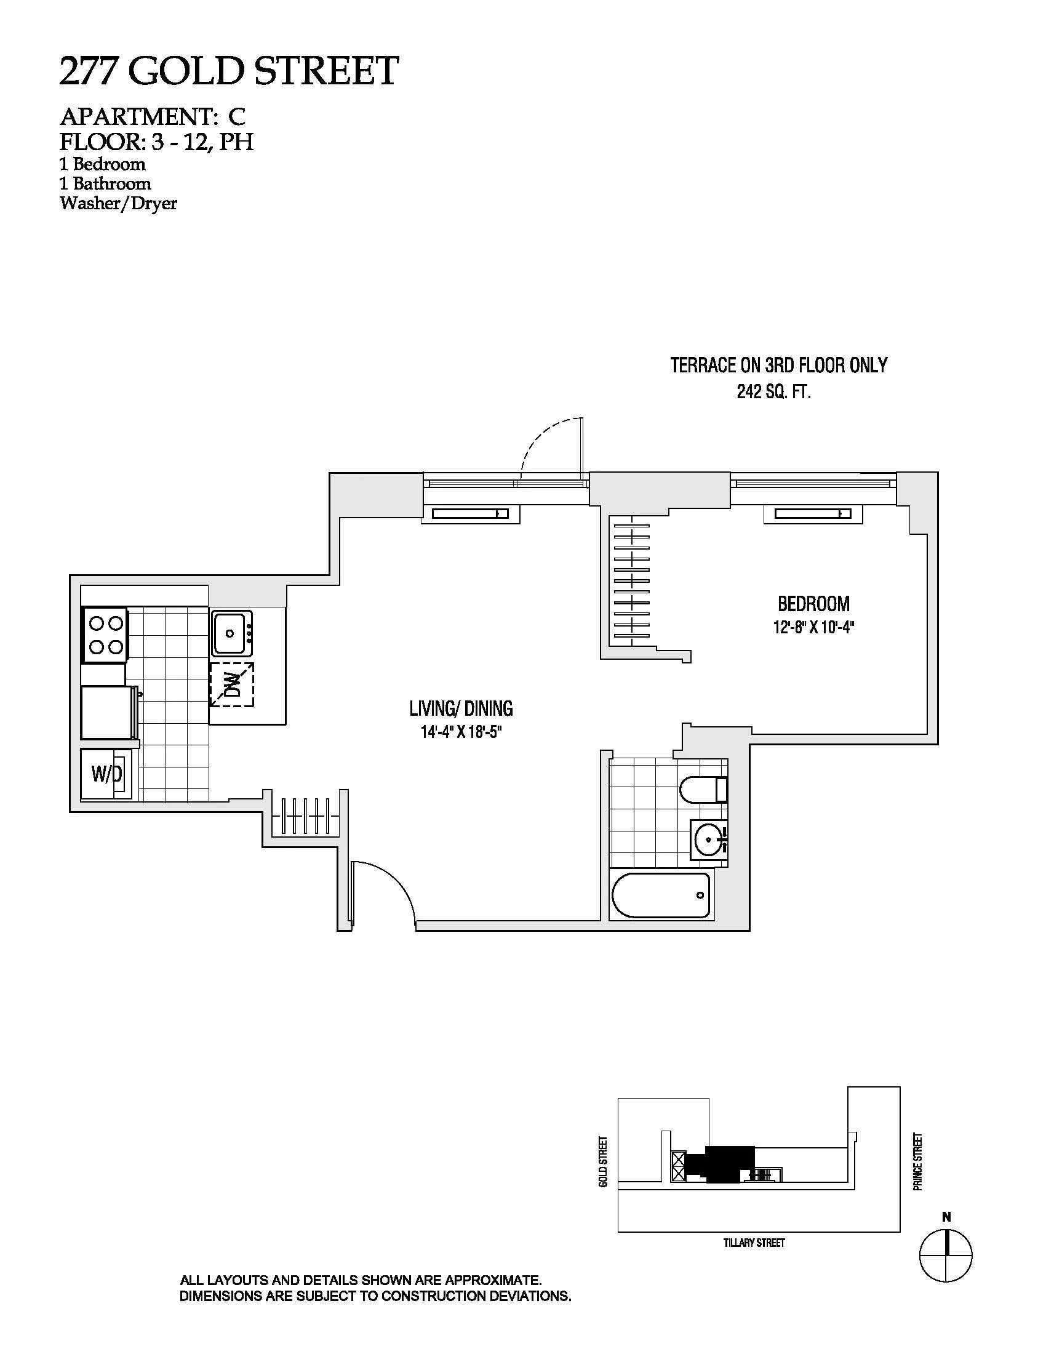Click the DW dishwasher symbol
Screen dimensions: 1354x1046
(x=231, y=684)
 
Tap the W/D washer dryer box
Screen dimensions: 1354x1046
(x=106, y=774)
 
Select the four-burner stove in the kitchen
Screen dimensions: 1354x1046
(x=105, y=635)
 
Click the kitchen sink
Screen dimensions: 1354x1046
(x=232, y=633)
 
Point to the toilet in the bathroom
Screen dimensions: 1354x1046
(x=702, y=790)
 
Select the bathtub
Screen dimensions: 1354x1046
(x=661, y=896)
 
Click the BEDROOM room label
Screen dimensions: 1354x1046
(x=813, y=603)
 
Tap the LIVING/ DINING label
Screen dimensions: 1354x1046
(x=460, y=708)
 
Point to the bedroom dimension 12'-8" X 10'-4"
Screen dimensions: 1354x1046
(x=813, y=627)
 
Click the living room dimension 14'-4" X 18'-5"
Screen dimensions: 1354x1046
(x=460, y=732)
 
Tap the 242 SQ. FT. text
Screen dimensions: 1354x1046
(x=773, y=392)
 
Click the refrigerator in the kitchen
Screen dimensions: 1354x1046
(x=107, y=711)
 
